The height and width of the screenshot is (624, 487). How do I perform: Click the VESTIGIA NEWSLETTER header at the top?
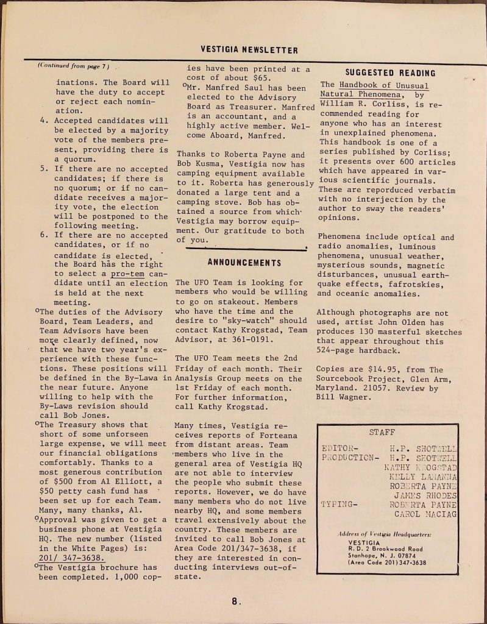coord(249,50)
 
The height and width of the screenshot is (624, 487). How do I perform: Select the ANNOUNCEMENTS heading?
coord(244,263)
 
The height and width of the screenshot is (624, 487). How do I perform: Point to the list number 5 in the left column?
coord(43,169)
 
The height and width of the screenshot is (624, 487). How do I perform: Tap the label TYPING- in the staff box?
coord(341,504)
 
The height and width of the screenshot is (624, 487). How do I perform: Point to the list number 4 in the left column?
coord(43,121)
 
